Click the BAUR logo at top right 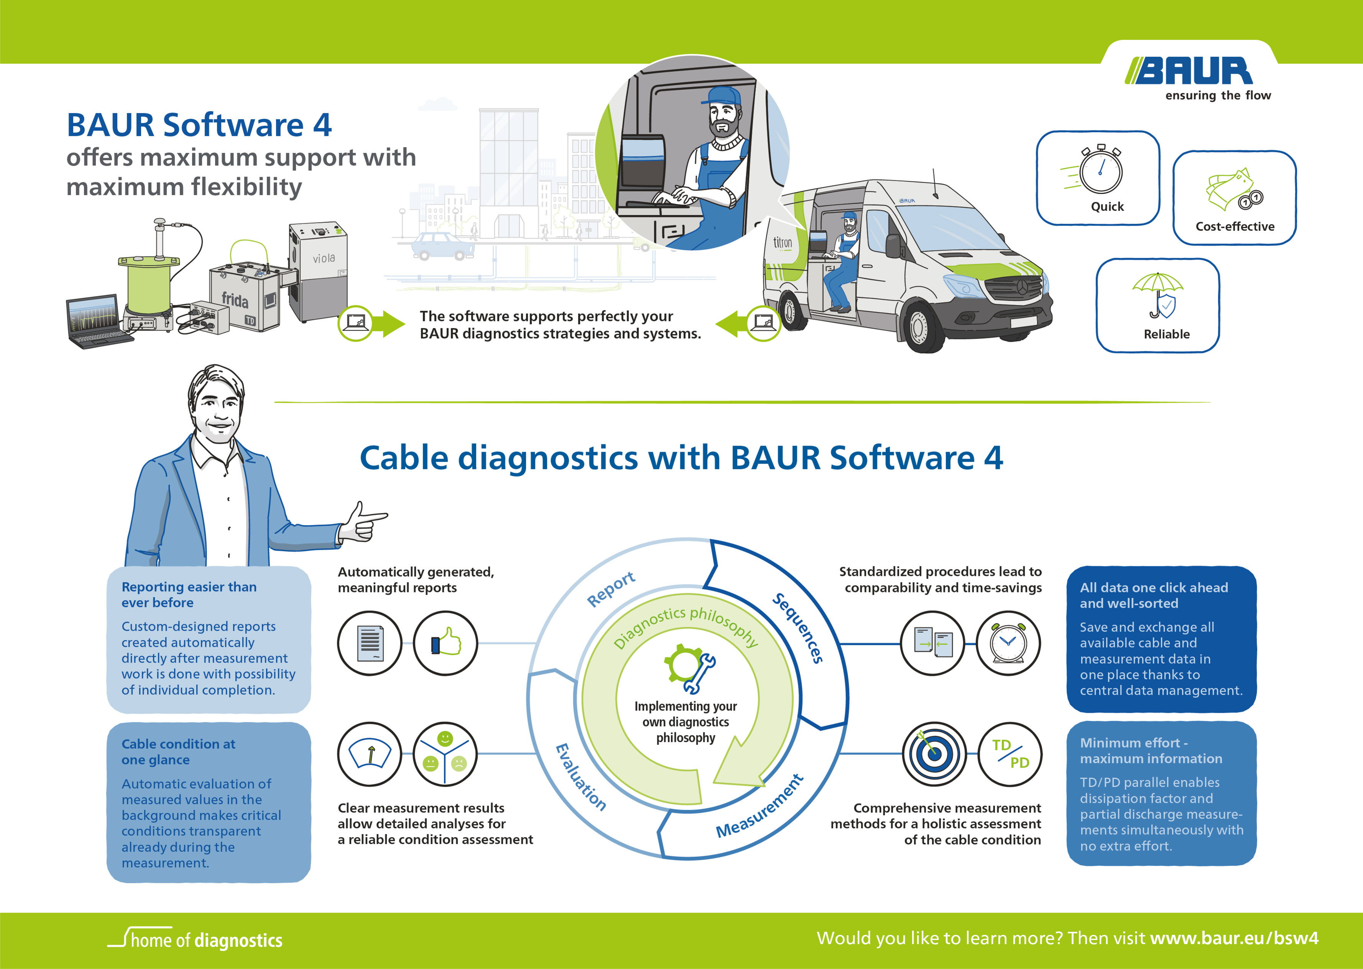[x=1189, y=72]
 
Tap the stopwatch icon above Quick [x=1100, y=171]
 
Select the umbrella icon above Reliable [x=1158, y=296]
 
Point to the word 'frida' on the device [x=235, y=299]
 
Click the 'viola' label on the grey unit [x=324, y=258]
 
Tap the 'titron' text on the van [x=782, y=242]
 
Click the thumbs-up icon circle [x=445, y=643]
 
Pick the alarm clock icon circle [x=1008, y=644]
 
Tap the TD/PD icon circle [x=1010, y=754]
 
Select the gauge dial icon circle [x=369, y=754]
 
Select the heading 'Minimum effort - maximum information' [x=1151, y=751]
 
